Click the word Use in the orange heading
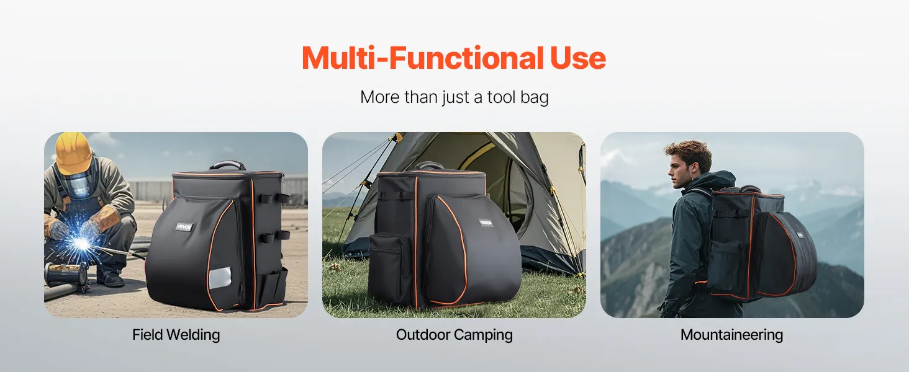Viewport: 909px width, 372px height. coord(578,58)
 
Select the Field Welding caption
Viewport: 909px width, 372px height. coord(176,335)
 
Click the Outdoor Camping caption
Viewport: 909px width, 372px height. coord(454,335)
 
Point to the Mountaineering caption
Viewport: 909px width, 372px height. coord(731,335)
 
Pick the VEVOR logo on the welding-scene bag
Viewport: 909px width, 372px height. coord(183,227)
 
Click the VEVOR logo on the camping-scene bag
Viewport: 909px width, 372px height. coord(486,223)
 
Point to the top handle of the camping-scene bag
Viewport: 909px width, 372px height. coord(429,165)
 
